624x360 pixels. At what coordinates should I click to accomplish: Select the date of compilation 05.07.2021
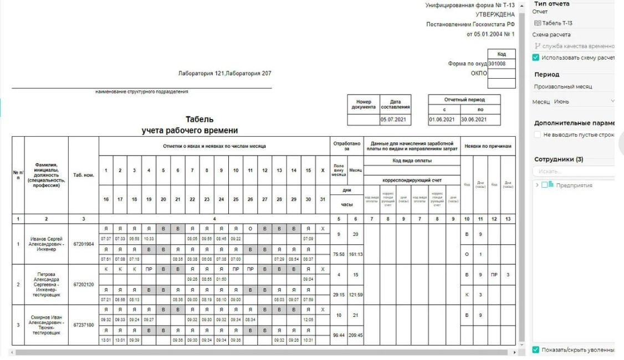pyautogui.click(x=395, y=120)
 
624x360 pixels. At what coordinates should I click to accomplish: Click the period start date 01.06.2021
pyautogui.click(x=442, y=120)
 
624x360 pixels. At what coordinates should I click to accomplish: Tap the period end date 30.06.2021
pyautogui.click(x=474, y=120)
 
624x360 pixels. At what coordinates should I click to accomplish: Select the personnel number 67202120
pyautogui.click(x=84, y=285)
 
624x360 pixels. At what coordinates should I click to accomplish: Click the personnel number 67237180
pyautogui.click(x=84, y=325)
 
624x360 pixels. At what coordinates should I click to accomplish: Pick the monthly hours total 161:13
pyautogui.click(x=355, y=254)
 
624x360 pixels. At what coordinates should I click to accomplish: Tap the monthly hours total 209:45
pyautogui.click(x=355, y=335)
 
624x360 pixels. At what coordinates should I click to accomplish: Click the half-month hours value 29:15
pyautogui.click(x=338, y=295)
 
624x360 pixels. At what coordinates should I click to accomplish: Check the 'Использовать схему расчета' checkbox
pyautogui.click(x=536, y=58)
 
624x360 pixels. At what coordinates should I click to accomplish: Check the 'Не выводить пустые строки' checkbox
pyautogui.click(x=537, y=135)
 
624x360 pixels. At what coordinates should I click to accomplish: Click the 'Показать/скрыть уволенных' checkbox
pyautogui.click(x=536, y=349)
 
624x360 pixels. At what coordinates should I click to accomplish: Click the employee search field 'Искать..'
pyautogui.click(x=574, y=172)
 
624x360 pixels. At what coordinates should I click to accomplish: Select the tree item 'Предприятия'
pyautogui.click(x=574, y=186)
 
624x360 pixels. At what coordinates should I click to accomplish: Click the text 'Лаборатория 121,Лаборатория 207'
pyautogui.click(x=225, y=74)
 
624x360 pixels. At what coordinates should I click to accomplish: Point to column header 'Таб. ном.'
pyautogui.click(x=84, y=175)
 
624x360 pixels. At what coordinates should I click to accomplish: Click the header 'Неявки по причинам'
pyautogui.click(x=488, y=146)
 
